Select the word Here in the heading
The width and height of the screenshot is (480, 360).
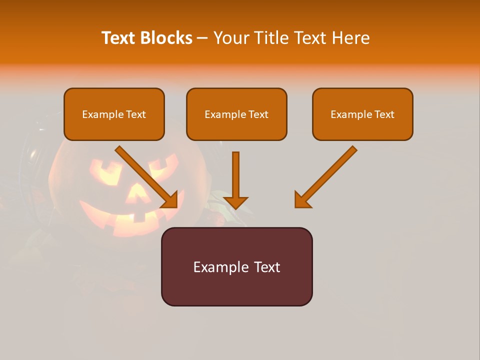[349, 38]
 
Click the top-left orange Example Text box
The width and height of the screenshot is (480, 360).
[114, 114]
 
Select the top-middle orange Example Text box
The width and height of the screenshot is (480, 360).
[236, 114]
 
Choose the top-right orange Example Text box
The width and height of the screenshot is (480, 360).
[362, 114]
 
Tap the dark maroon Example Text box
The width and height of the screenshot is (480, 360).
[236, 266]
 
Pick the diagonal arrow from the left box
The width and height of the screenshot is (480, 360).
[145, 175]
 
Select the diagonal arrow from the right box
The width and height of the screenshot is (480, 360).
[327, 175]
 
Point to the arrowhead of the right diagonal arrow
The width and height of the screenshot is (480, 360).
[301, 200]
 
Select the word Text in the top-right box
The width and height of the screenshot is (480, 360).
[384, 114]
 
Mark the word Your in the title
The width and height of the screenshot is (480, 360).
[231, 38]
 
